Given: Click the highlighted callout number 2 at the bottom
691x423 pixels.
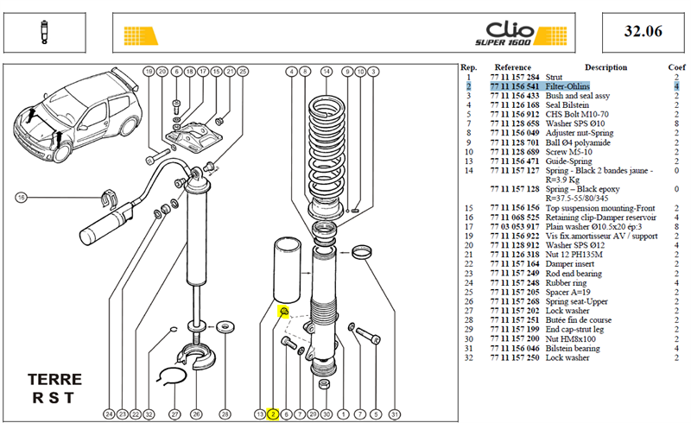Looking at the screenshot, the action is (x=273, y=414).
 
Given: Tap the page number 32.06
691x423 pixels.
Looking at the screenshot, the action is (x=643, y=31).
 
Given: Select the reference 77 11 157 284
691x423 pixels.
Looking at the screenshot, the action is (x=515, y=77).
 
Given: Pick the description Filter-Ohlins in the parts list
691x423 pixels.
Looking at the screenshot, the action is (x=567, y=86).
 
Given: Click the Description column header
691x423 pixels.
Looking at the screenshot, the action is (x=606, y=67).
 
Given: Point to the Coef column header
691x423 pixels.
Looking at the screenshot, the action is (x=676, y=67).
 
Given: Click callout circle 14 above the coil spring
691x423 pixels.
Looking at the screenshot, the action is (x=326, y=72).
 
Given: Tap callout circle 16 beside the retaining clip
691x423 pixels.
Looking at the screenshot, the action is (x=21, y=198).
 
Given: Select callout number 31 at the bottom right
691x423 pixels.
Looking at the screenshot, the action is (x=395, y=414).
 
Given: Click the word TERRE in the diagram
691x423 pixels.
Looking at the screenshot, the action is (x=54, y=379).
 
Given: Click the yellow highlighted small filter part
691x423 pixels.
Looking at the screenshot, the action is (x=284, y=312).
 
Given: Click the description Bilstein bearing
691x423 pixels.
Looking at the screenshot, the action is (x=573, y=349).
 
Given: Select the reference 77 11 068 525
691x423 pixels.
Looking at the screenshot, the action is (x=515, y=218).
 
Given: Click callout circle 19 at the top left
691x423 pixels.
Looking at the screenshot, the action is (x=149, y=72).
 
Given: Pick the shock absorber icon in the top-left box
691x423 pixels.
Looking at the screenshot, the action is (x=44, y=32).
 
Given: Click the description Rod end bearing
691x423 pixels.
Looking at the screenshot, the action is (x=574, y=274).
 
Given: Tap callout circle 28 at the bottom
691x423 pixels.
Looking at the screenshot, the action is (x=225, y=414).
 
